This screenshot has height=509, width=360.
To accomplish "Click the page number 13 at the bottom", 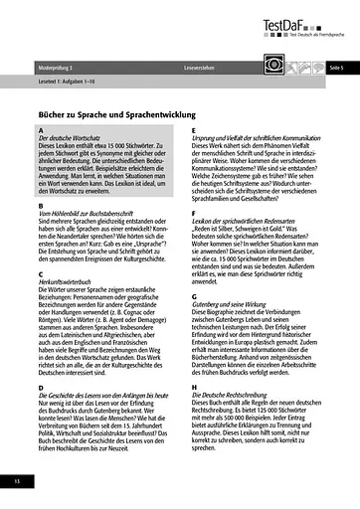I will point(16,481).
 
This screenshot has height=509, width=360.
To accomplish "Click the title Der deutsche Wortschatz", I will point(71,139).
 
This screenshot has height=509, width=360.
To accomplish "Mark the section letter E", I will point(193,131).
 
